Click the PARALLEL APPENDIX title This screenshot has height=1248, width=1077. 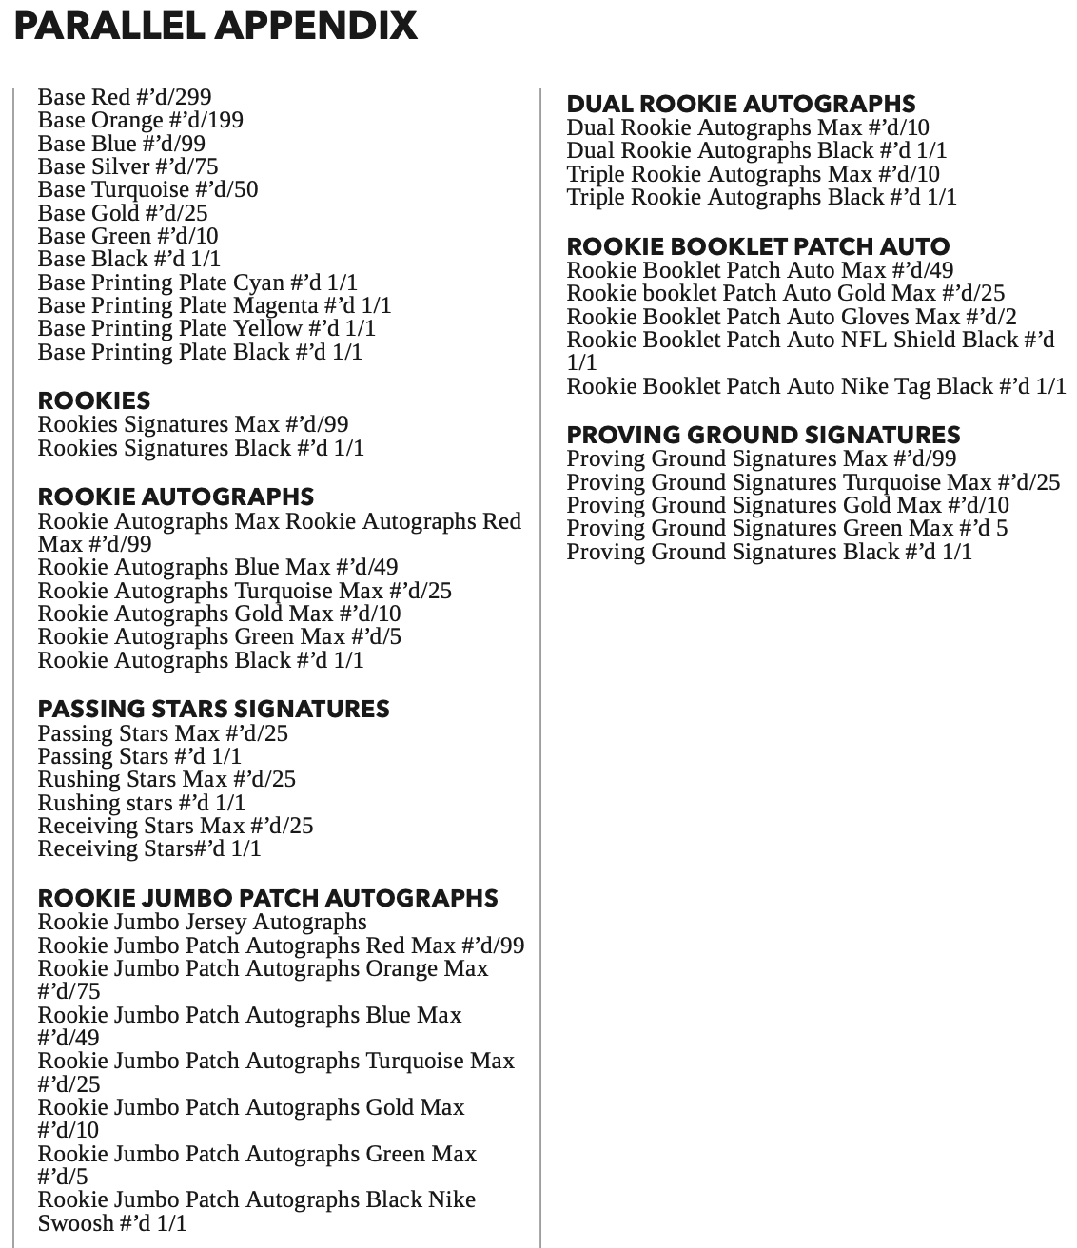pyautogui.click(x=216, y=26)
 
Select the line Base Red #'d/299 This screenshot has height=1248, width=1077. pyautogui.click(x=125, y=97)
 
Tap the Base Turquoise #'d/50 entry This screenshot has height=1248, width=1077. pyautogui.click(x=147, y=189)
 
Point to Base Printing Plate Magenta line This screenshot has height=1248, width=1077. pyautogui.click(x=214, y=305)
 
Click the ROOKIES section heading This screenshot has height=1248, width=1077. pyautogui.click(x=94, y=400)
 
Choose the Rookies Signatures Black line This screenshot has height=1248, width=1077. pyautogui.click(x=201, y=448)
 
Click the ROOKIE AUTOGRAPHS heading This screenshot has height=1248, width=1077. pyautogui.click(x=176, y=497)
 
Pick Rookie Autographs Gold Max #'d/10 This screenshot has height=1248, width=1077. pyautogui.click(x=219, y=614)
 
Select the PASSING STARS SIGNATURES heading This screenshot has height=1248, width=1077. pyautogui.click(x=213, y=709)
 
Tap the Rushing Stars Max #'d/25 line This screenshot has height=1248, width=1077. pyautogui.click(x=166, y=779)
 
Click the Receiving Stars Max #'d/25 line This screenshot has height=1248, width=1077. pyautogui.click(x=175, y=826)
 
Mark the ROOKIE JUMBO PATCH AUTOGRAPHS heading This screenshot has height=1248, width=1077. pyautogui.click(x=267, y=898)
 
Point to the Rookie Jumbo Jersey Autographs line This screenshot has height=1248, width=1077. pyautogui.click(x=202, y=922)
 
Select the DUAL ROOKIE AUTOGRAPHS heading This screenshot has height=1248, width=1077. pyautogui.click(x=741, y=104)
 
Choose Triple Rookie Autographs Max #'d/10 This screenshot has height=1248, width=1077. pyautogui.click(x=753, y=174)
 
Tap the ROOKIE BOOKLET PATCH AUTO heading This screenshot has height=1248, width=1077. pyautogui.click(x=758, y=246)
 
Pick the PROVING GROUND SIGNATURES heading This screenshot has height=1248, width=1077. pyautogui.click(x=763, y=435)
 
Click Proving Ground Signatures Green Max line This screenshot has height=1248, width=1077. pyautogui.click(x=787, y=528)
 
